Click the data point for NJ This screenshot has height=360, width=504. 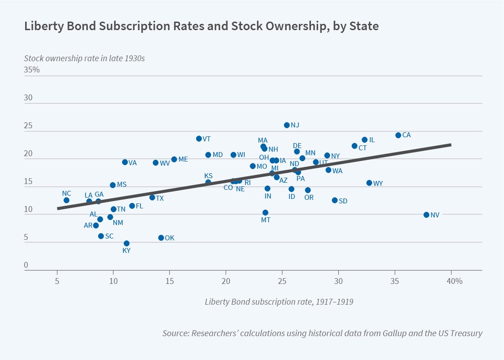tap(287, 125)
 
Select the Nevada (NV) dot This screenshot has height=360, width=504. tap(426, 215)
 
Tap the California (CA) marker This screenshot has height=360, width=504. tap(398, 135)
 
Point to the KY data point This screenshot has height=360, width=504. tap(126, 243)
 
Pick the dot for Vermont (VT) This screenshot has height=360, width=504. tap(199, 139)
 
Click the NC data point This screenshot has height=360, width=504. tap(66, 200)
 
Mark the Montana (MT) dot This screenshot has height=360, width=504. tap(265, 212)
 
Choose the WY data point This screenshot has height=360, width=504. tap(369, 183)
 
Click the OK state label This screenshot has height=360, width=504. tap(170, 238)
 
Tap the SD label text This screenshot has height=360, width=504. tap(343, 201)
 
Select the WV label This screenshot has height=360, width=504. tap(165, 163)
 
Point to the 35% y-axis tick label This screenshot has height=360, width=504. tap(32, 70)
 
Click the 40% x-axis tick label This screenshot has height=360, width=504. tap(454, 282)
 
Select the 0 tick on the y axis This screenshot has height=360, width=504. tap(26, 265)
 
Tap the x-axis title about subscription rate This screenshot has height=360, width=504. tap(279, 301)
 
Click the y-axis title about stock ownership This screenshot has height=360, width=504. tap(84, 58)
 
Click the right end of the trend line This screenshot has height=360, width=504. tap(450, 144)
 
